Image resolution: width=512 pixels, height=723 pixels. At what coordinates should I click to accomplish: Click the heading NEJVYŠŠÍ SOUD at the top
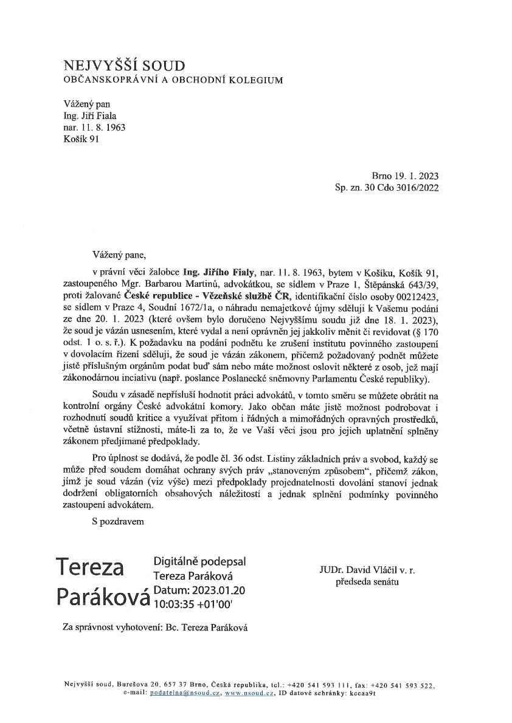[x=123, y=66]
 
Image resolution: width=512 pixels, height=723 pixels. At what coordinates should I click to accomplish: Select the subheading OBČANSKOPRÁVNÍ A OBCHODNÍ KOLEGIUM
[x=173, y=80]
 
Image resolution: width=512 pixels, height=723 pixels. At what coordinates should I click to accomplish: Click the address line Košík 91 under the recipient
[x=79, y=139]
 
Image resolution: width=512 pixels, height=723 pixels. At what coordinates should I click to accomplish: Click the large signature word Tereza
[x=89, y=567]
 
